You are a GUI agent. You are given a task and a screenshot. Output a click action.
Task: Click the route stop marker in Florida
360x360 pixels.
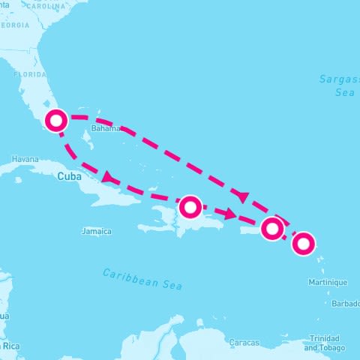[x=55, y=120]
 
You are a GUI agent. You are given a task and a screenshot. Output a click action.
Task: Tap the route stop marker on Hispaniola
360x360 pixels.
[x=191, y=205]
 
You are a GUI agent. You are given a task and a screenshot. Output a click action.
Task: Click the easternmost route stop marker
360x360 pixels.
[x=304, y=243]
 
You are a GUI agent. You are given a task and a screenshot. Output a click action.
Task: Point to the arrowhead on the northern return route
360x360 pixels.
[x=241, y=196]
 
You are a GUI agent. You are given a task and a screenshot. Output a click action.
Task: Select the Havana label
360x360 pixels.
[x=25, y=159]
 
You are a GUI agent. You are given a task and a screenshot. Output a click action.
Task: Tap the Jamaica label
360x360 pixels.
[x=97, y=232]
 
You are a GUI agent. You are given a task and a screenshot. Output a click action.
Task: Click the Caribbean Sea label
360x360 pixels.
[x=142, y=277]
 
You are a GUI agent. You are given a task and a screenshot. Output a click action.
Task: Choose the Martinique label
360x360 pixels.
[x=328, y=283]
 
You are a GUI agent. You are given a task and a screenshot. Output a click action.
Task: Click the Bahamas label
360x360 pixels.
[x=106, y=128]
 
